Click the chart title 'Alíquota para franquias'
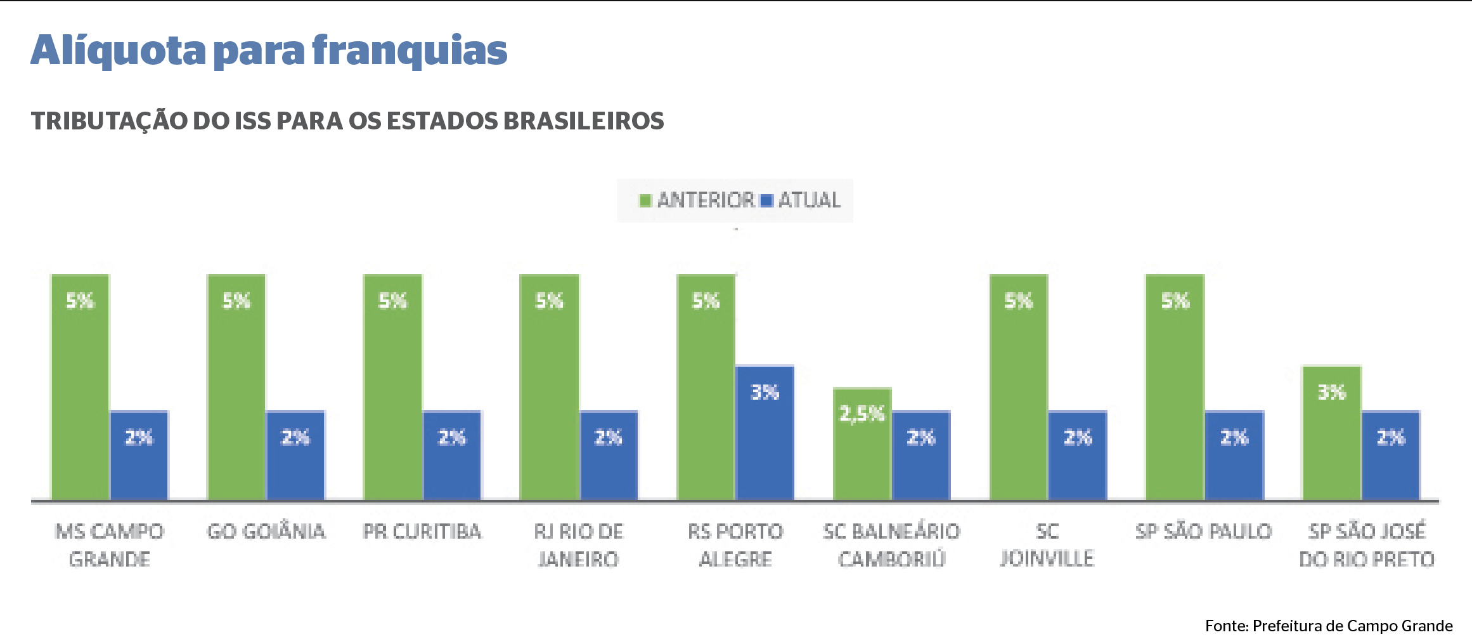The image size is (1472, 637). [269, 51]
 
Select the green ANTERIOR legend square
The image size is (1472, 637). [645, 201]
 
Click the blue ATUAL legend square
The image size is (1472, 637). [766, 201]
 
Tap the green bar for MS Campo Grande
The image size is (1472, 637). [81, 387]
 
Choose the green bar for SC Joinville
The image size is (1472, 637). [1019, 387]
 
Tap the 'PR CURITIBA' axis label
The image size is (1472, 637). [422, 532]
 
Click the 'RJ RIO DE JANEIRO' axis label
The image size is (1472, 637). [578, 545]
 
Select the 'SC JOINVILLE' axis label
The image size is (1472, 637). [1047, 545]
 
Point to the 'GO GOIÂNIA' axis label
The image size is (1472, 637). [266, 532]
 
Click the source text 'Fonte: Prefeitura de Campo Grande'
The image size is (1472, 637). [1329, 626]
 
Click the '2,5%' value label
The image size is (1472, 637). [862, 414]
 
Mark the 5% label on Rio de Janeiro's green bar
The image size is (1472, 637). [549, 301]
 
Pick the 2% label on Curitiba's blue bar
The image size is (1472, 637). [452, 437]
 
